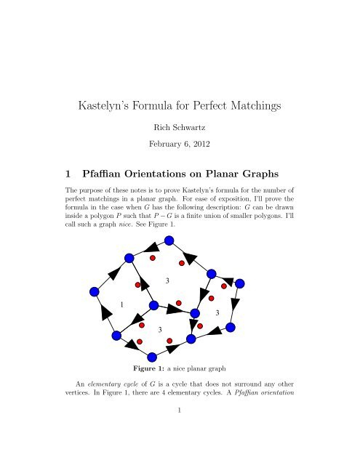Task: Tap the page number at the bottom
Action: point(180,450)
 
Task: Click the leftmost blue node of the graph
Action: point(94,291)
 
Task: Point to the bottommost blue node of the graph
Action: point(152,356)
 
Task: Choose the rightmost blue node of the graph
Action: point(239,283)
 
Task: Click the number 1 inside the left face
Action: point(122,304)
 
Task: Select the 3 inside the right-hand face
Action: point(217,312)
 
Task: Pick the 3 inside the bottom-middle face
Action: point(159,330)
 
